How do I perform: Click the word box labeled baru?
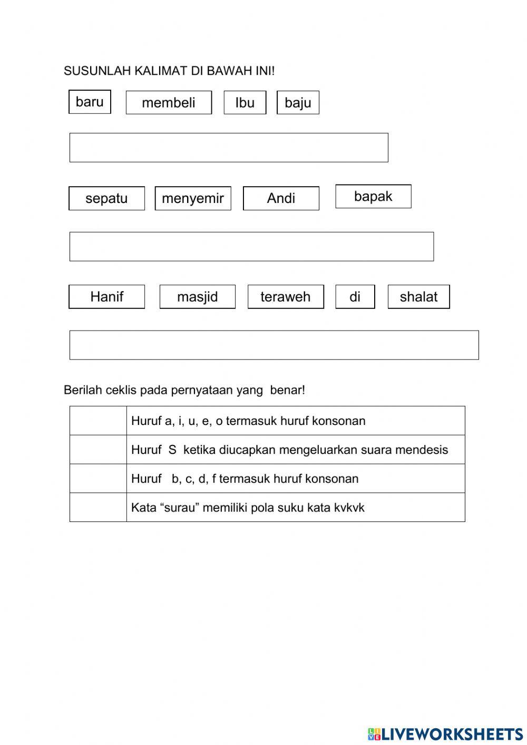(90, 102)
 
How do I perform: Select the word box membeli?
(169, 103)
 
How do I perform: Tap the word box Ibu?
(245, 103)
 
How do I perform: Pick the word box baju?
(298, 103)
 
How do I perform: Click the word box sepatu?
(106, 198)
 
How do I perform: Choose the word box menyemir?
(193, 198)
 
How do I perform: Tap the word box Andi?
(281, 198)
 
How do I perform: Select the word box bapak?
(373, 196)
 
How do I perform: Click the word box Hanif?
(106, 297)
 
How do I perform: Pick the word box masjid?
(197, 297)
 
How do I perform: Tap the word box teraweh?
(286, 297)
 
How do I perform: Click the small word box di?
(355, 297)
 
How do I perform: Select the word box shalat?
(418, 297)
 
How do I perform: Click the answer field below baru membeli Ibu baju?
(229, 148)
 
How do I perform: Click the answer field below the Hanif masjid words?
(274, 345)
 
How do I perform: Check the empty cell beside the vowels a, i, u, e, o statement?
(98, 421)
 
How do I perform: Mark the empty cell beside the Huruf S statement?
(98, 450)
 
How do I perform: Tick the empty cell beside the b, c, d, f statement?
(98, 479)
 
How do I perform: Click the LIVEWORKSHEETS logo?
(445, 733)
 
